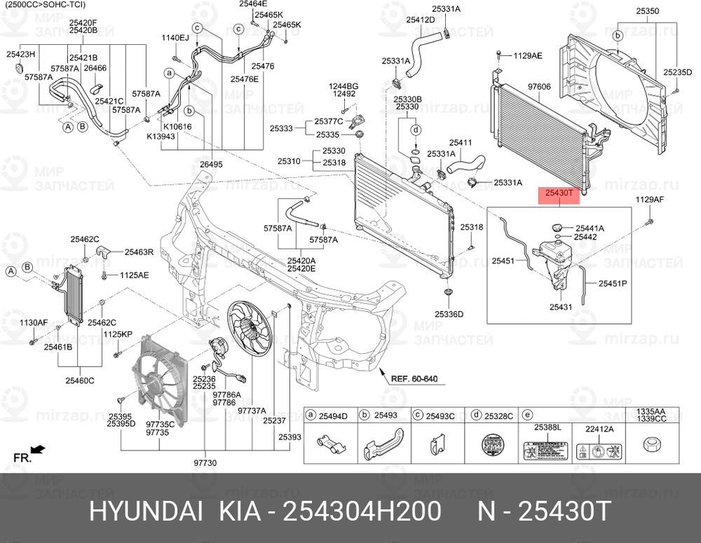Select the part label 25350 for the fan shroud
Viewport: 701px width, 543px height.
click(x=647, y=11)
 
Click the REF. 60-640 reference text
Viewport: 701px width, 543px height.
click(x=414, y=379)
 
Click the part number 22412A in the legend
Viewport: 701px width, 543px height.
click(x=599, y=428)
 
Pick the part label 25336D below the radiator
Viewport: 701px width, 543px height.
click(x=449, y=314)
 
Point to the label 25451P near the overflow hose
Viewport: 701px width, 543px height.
click(x=613, y=284)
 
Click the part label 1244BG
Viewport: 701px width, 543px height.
click(x=344, y=86)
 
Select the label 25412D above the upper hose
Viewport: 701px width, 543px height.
click(x=421, y=20)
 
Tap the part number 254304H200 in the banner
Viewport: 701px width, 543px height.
click(x=361, y=512)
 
